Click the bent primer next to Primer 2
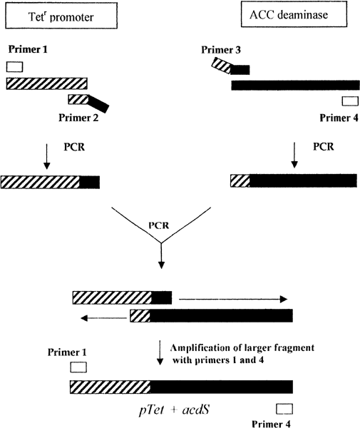point(88,103)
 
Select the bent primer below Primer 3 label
point(231,68)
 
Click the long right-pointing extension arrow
point(232,299)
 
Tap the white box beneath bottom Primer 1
point(78,367)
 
